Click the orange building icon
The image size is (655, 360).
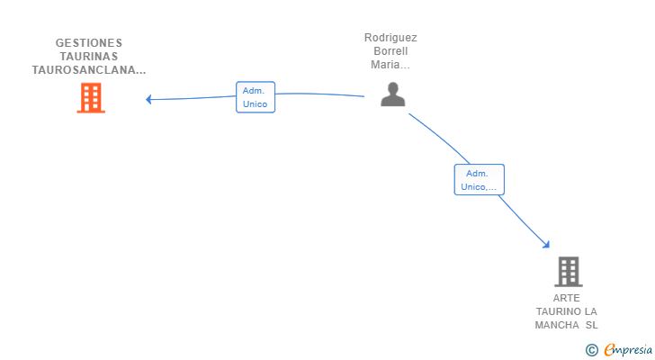point(91,98)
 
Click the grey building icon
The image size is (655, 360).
point(568,272)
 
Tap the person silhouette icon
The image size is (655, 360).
point(392,94)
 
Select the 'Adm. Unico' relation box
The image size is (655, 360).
point(256,97)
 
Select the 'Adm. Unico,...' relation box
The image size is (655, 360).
point(480,180)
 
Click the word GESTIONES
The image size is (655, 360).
point(89,43)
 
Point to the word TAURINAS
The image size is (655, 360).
point(89,57)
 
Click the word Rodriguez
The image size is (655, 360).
point(390,38)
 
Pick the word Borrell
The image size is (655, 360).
point(390,51)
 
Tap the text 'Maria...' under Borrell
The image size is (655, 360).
point(390,64)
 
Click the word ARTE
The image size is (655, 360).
point(567,298)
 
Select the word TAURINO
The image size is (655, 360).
point(559,311)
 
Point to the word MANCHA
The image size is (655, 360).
point(557,325)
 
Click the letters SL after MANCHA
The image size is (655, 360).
point(591,325)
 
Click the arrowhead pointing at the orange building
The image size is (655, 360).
point(148,99)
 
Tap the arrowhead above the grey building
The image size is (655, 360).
point(546,244)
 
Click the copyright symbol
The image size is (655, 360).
point(591,350)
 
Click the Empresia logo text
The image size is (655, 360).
point(628,350)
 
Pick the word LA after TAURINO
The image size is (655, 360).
point(590,311)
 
